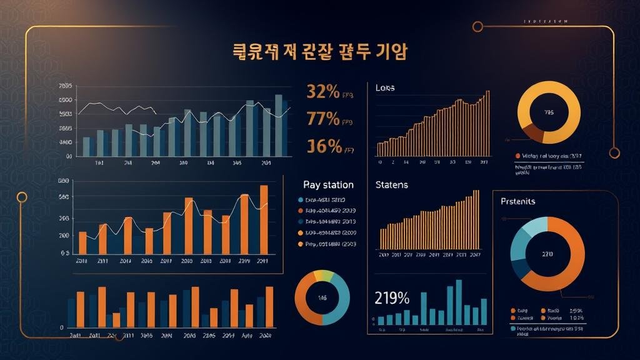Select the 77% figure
point(323,118)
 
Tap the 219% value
point(392,297)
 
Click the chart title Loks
point(385,88)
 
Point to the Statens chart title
point(391,185)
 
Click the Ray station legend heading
point(328,185)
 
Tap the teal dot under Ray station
point(301,200)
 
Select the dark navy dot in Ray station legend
point(301,222)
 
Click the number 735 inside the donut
point(549,113)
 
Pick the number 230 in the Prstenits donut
point(547,254)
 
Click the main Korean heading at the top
point(320,52)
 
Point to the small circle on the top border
point(478,26)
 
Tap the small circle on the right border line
point(614,151)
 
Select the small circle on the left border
point(22,197)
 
